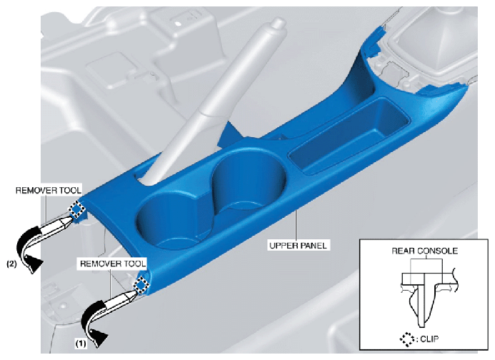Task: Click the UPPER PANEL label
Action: click(x=298, y=246)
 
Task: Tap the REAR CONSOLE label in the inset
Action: click(x=424, y=251)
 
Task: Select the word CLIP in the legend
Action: click(x=429, y=339)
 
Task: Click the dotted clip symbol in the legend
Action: click(x=407, y=339)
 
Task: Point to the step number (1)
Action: click(x=81, y=344)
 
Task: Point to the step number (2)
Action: click(x=12, y=264)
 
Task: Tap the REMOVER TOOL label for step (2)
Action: click(x=49, y=190)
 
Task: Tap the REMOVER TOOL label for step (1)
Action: click(x=113, y=264)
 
